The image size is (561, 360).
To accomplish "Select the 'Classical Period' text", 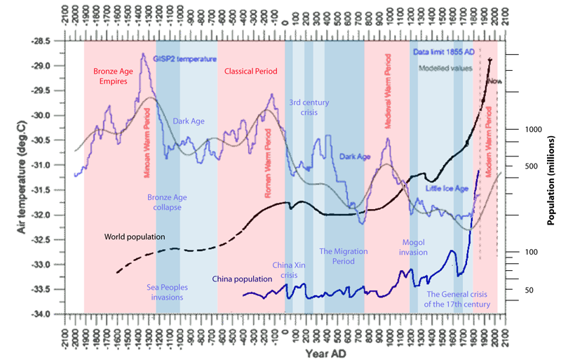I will click(251, 72).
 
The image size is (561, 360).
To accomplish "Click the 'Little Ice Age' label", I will click(447, 188).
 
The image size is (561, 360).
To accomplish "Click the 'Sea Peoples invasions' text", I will click(165, 292).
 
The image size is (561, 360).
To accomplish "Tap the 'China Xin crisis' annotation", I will click(290, 269).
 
